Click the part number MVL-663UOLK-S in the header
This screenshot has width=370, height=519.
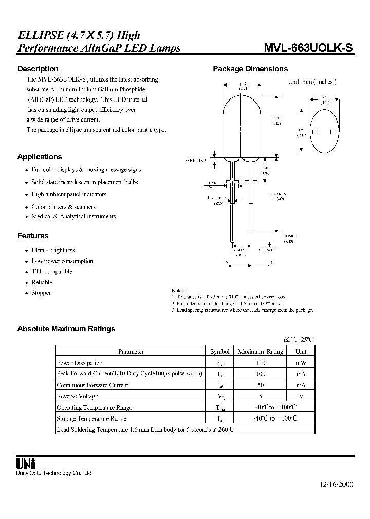click(308, 48)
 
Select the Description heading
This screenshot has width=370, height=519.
click(38, 69)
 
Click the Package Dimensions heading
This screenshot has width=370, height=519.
click(250, 69)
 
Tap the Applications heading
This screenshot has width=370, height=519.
click(40, 157)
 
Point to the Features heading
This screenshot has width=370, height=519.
click(33, 236)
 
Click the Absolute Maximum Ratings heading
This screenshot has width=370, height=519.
click(66, 329)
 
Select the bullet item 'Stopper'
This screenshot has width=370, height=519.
click(41, 293)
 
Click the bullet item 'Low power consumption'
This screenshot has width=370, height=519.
click(62, 261)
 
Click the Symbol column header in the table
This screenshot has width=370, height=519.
click(220, 352)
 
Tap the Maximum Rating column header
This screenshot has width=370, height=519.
click(260, 352)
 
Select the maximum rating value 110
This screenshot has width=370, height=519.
click(260, 363)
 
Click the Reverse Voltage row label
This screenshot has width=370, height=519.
click(77, 396)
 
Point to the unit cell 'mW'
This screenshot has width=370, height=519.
click(301, 363)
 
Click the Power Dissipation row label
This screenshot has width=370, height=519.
click(80, 363)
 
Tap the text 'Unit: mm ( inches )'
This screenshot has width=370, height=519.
click(312, 82)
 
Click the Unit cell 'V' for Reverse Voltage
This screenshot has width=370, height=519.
click(301, 396)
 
